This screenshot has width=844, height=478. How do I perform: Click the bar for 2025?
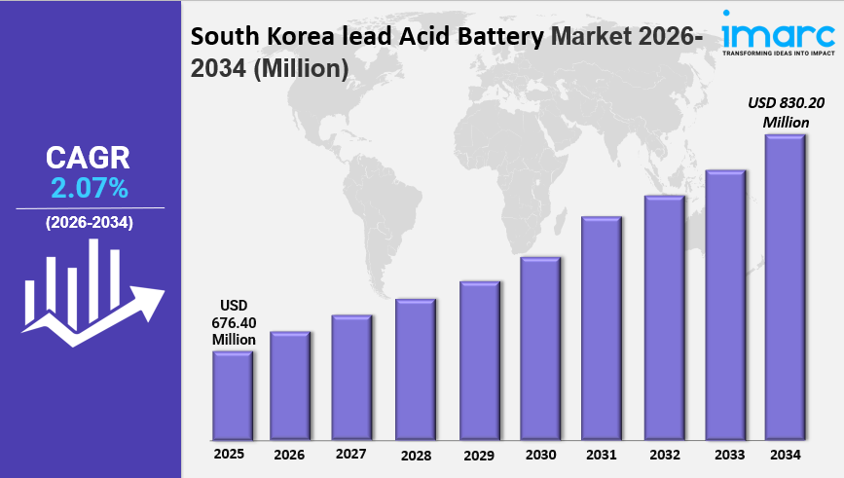(x=233, y=394)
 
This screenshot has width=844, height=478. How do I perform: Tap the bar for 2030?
(x=540, y=348)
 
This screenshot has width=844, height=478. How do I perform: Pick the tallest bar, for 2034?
(x=785, y=286)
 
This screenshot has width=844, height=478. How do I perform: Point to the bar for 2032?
(x=665, y=316)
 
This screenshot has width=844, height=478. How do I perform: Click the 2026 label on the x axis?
(x=289, y=455)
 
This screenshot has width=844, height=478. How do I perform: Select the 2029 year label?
(x=478, y=455)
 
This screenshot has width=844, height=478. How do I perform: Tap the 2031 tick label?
(x=602, y=455)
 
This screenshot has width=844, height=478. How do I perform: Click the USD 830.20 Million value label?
(x=786, y=112)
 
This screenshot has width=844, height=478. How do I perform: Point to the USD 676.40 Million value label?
(x=234, y=322)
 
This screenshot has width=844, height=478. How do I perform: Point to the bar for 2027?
(x=351, y=377)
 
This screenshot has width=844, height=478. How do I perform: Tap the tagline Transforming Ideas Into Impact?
(x=779, y=53)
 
